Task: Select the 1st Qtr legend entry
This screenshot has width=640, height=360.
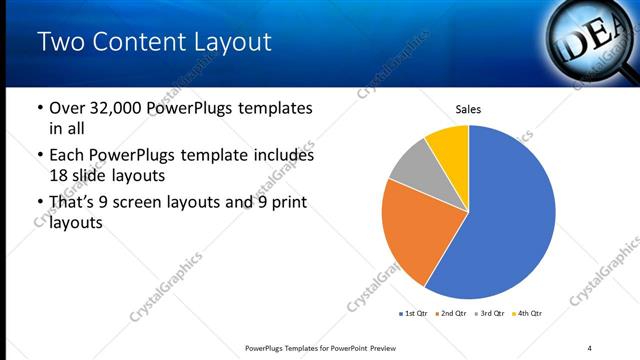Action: click(x=413, y=314)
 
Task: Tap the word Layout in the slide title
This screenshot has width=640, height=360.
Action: click(x=227, y=42)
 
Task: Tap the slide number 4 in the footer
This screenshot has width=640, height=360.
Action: click(x=589, y=347)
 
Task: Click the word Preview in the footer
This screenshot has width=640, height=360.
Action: click(x=390, y=347)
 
